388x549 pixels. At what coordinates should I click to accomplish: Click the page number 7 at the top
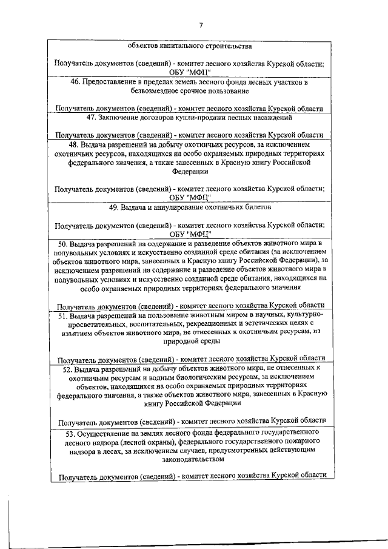point(200,25)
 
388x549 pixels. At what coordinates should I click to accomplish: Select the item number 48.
point(76,146)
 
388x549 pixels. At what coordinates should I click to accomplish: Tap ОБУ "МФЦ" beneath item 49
point(190,234)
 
